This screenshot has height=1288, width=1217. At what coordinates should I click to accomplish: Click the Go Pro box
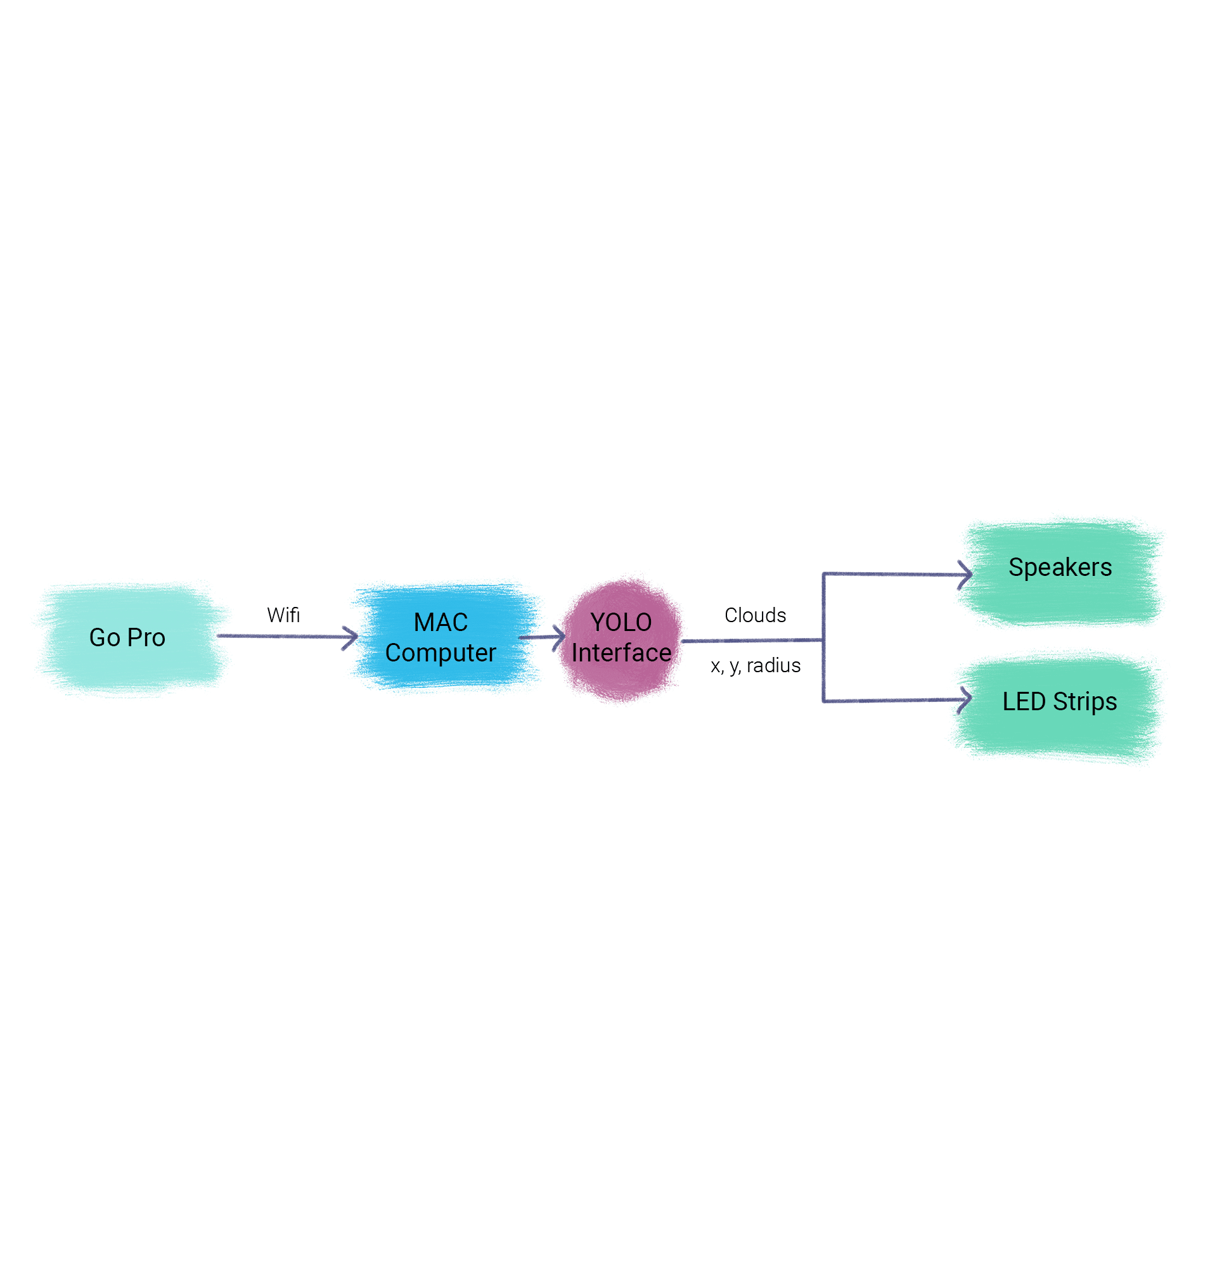pyautogui.click(x=130, y=639)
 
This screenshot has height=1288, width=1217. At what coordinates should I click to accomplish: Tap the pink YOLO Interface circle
pyautogui.click(x=621, y=639)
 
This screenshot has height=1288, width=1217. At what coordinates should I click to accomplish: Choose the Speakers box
pyautogui.click(x=1060, y=571)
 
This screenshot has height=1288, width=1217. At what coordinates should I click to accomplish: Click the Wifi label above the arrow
pyautogui.click(x=283, y=615)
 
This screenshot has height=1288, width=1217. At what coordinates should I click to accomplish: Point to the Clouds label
pyautogui.click(x=755, y=615)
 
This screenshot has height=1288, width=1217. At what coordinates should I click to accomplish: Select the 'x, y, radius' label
pyautogui.click(x=756, y=665)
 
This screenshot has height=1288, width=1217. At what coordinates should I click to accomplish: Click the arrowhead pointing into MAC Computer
pyautogui.click(x=352, y=637)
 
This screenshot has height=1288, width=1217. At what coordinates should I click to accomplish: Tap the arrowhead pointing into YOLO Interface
pyautogui.click(x=560, y=638)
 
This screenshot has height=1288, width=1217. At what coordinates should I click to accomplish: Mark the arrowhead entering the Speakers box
pyautogui.click(x=966, y=575)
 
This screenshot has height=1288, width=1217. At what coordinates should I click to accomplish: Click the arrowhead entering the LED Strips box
pyautogui.click(x=966, y=700)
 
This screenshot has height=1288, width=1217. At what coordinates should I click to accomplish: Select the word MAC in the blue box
pyautogui.click(x=441, y=623)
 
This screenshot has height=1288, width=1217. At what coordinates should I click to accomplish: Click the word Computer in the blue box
pyautogui.click(x=441, y=653)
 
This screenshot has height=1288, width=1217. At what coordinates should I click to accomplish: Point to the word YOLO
pyautogui.click(x=621, y=623)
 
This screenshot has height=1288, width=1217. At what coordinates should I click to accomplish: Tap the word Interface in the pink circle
pyautogui.click(x=621, y=653)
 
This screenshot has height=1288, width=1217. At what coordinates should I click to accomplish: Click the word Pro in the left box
pyautogui.click(x=146, y=637)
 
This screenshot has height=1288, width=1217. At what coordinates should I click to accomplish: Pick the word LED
pyautogui.click(x=1024, y=702)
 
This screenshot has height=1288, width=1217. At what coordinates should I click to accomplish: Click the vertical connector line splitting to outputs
pyautogui.click(x=823, y=639)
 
